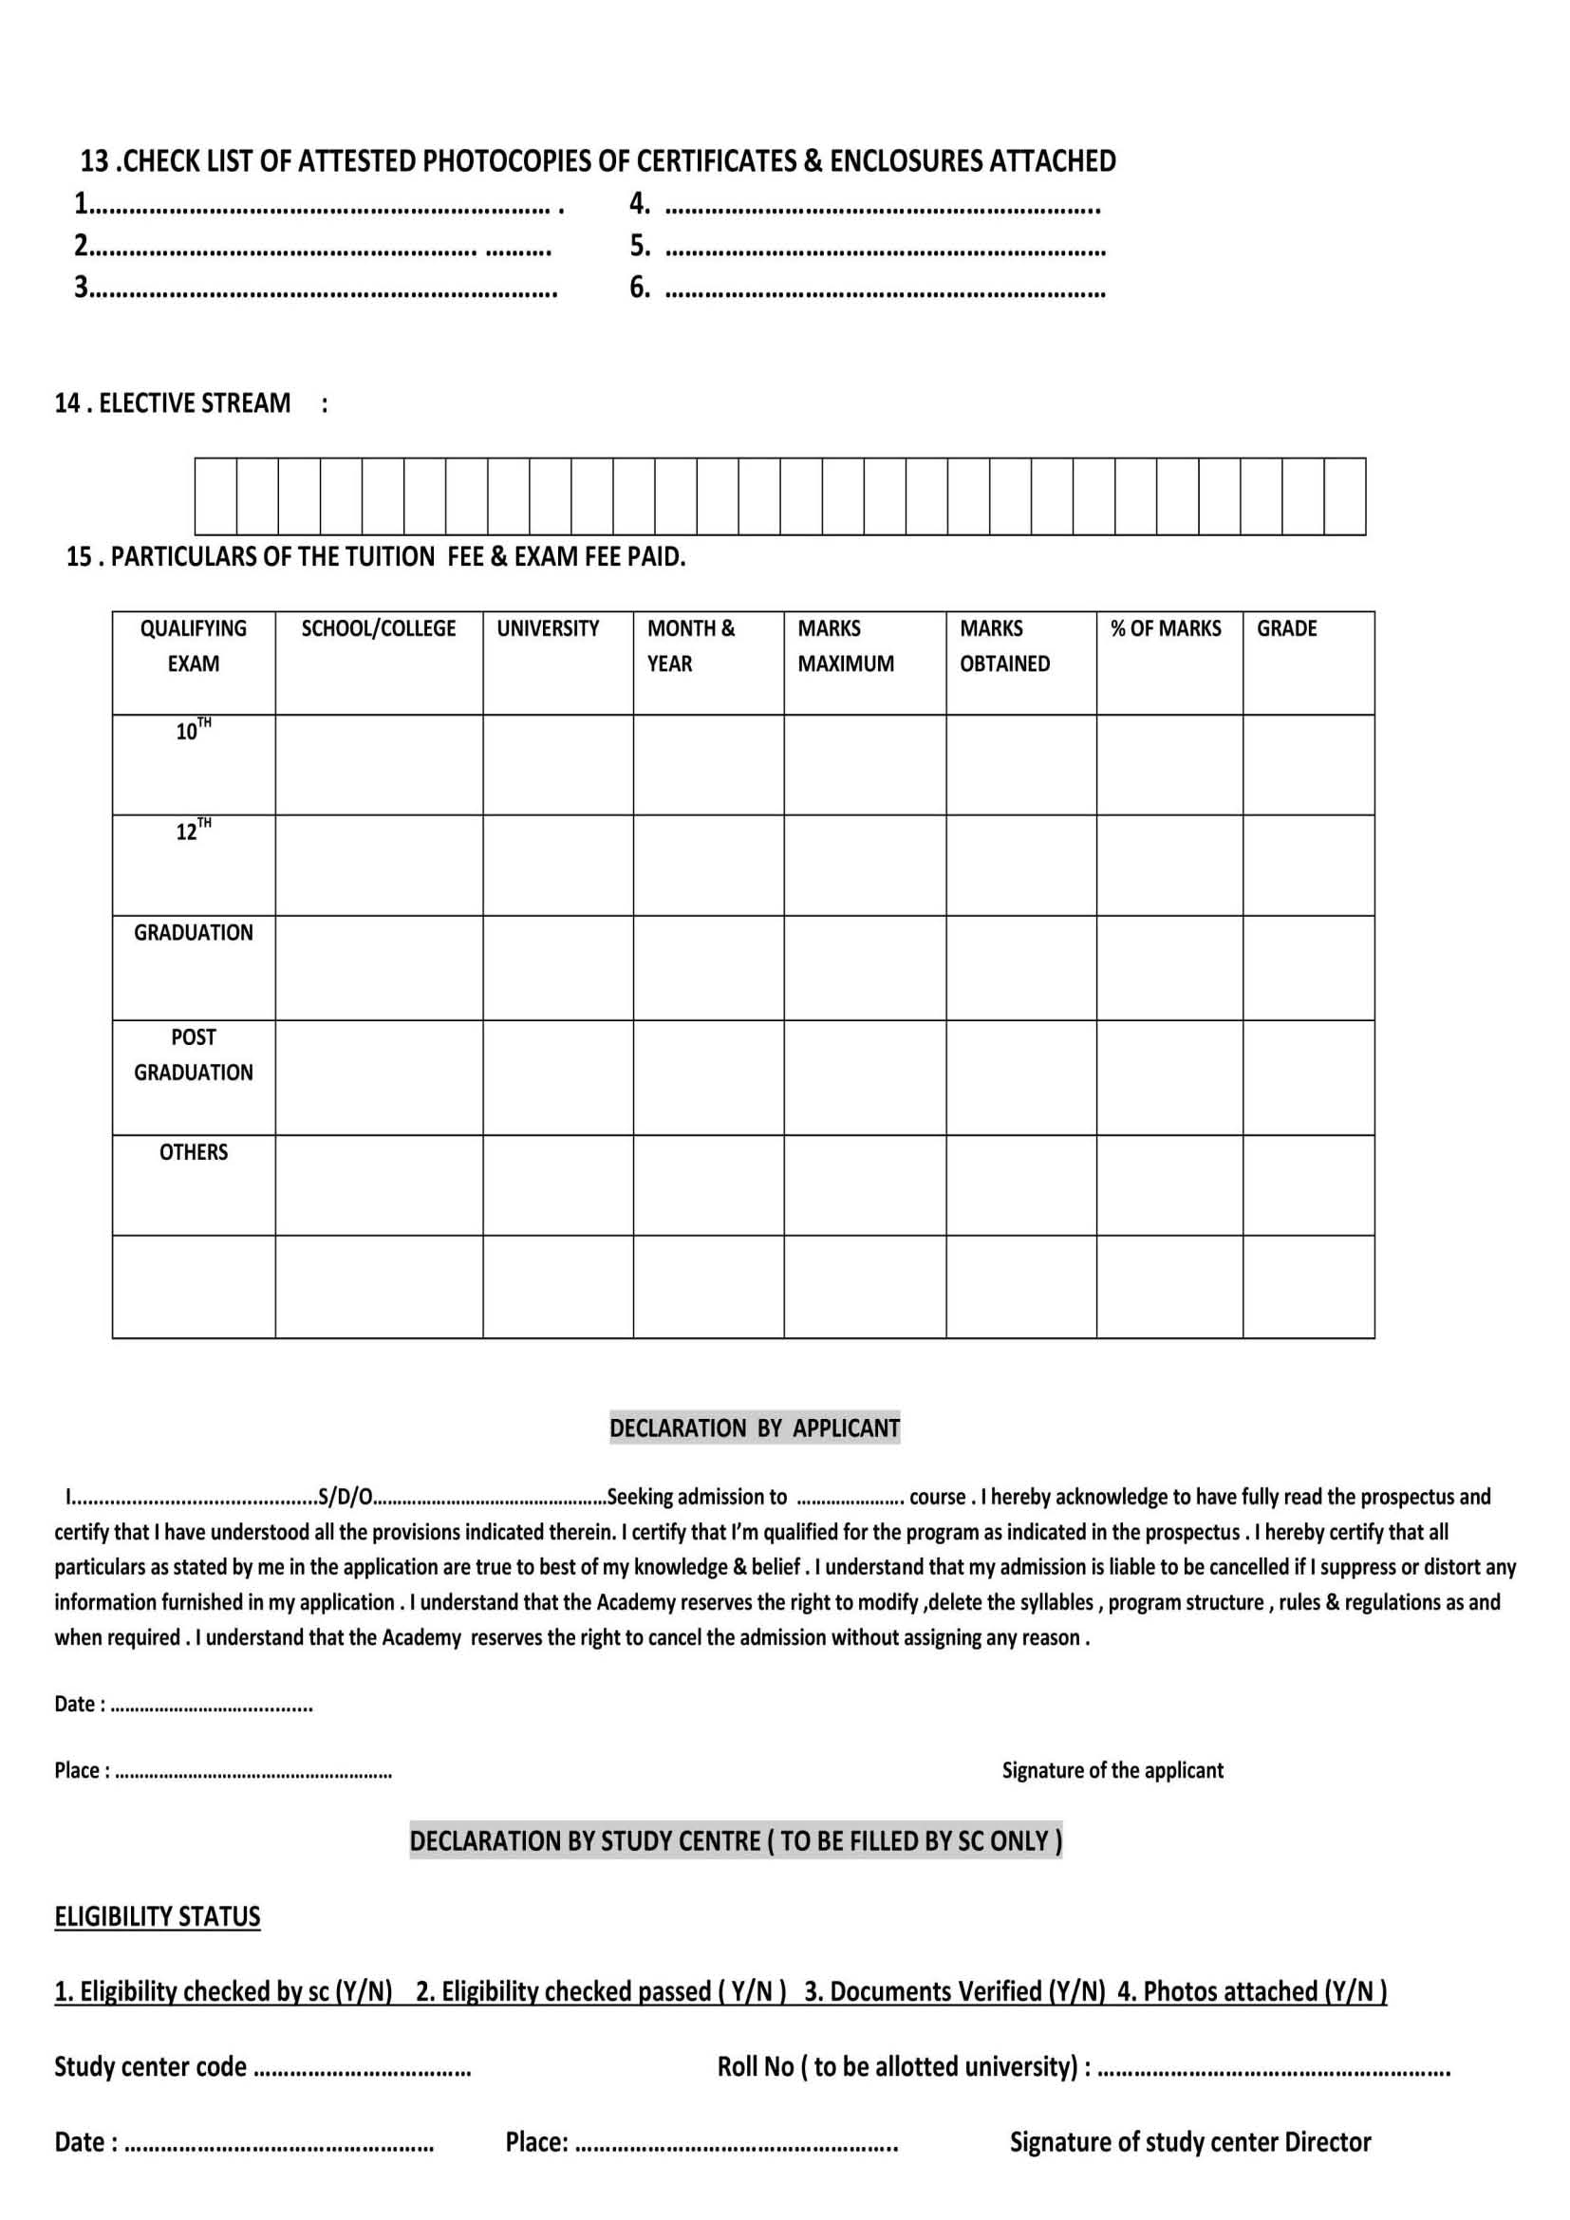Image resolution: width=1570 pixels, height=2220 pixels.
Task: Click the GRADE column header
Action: (x=1286, y=628)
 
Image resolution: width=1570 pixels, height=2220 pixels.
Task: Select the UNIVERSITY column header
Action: (x=547, y=628)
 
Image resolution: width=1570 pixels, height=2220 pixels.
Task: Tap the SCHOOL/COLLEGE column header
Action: (x=378, y=628)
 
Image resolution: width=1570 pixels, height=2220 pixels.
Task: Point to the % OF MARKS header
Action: (x=1165, y=628)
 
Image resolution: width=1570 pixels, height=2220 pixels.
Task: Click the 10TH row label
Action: (x=194, y=731)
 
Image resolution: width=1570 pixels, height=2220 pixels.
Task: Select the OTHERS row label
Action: (x=194, y=1151)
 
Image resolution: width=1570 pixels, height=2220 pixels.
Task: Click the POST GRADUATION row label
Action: (x=194, y=1054)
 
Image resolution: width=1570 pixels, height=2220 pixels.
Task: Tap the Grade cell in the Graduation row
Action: (x=1308, y=968)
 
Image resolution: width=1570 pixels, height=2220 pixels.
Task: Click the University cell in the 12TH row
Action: (x=558, y=866)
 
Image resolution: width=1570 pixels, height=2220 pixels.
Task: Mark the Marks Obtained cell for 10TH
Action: (x=1021, y=765)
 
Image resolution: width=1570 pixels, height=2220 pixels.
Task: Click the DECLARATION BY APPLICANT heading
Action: (x=754, y=1428)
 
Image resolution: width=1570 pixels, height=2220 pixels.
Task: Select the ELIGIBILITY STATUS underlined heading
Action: (x=158, y=1916)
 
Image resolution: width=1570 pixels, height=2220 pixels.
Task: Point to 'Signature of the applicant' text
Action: (x=1112, y=1770)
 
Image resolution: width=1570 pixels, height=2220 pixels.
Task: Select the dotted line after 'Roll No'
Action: (x=1274, y=2069)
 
